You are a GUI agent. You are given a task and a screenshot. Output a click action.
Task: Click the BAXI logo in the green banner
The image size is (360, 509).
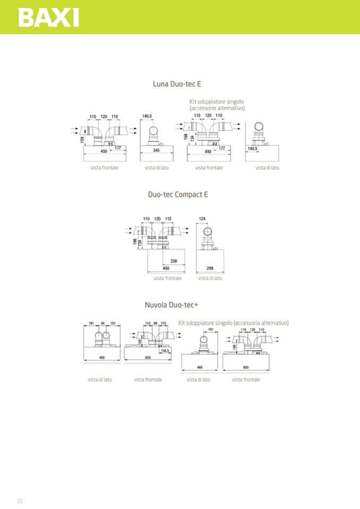tap(48, 17)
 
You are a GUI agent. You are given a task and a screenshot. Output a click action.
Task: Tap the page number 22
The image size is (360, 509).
tap(20, 501)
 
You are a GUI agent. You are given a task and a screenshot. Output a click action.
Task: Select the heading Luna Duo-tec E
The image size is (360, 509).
tap(177, 84)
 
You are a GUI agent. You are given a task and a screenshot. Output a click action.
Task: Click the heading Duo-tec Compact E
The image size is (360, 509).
tap(177, 194)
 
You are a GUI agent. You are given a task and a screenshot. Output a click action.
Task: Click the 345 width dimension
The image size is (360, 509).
tap(156, 151)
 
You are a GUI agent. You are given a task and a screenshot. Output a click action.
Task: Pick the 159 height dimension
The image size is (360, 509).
tap(82, 140)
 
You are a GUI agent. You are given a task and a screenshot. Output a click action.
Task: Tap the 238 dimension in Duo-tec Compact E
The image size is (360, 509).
tap(174, 261)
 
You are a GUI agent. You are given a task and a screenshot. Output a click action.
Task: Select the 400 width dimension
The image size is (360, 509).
tap(166, 268)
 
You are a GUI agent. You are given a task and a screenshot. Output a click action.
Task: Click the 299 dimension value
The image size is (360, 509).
tap(210, 268)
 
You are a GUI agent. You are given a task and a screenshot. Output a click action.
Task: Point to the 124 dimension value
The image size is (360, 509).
tap(202, 219)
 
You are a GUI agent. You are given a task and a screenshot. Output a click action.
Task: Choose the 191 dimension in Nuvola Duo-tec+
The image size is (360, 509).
tap(91, 323)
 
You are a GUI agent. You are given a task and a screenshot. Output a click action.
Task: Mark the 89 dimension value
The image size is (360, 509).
tap(155, 323)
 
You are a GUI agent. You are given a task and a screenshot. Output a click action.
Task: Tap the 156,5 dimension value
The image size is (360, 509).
tap(165, 351)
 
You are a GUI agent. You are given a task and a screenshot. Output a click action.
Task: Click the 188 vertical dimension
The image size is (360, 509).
tap(234, 347)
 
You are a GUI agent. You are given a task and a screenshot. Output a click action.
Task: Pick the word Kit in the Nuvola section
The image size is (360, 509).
tap(182, 322)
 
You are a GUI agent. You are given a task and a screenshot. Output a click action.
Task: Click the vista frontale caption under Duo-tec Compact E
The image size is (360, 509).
tap(168, 278)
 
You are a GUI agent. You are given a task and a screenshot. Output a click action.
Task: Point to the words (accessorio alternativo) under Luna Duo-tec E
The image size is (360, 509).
tap(217, 107)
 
